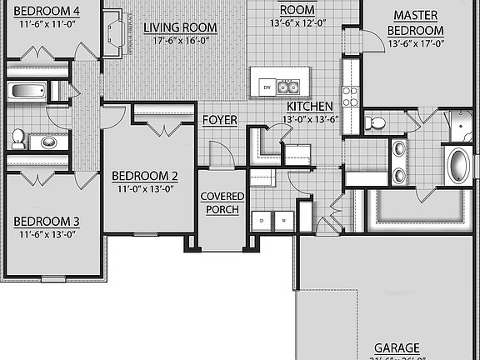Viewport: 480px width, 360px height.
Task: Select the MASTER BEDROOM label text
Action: coord(415,22)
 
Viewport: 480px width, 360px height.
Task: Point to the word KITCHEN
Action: coord(310,107)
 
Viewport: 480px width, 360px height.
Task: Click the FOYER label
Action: coord(220,120)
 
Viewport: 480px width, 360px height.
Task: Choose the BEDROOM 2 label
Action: coord(145,176)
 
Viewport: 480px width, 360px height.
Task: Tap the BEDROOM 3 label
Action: coord(47,222)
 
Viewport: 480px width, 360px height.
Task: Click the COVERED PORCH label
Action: coord(222,202)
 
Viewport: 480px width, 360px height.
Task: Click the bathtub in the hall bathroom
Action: coord(28,91)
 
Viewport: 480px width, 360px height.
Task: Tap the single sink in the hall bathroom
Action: coord(50,142)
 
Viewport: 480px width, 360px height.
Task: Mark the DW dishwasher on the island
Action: coord(267,87)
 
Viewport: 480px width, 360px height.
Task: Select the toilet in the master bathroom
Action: coord(377,123)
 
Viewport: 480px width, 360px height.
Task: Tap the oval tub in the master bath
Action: coord(458,165)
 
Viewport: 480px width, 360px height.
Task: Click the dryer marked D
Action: coord(262,220)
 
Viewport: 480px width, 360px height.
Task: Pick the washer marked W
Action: coord(283,220)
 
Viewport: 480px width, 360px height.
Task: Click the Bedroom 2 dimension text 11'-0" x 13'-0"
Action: coord(145,188)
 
